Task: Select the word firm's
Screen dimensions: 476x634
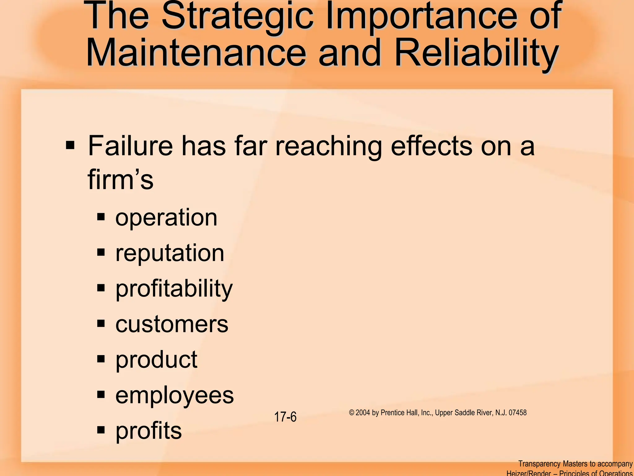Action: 120,179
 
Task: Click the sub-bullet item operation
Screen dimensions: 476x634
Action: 166,218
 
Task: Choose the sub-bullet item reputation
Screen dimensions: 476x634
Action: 170,253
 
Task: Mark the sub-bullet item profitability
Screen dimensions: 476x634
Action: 174,289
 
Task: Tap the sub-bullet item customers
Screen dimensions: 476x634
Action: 172,324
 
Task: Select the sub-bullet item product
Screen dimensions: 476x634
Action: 156,360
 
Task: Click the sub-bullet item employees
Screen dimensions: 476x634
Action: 175,396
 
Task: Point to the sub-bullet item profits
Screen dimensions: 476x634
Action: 149,431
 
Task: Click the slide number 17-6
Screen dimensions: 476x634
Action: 285,417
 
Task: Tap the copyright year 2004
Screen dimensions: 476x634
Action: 363,412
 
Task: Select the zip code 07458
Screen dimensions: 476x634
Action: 518,412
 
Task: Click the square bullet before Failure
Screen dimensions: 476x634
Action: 70,145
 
